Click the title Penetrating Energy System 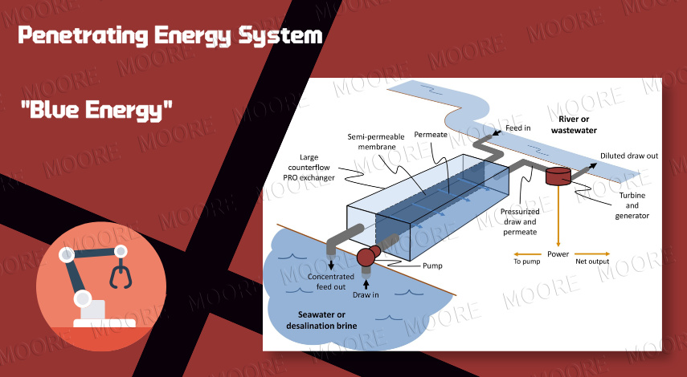170,35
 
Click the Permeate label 431,134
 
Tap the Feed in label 518,128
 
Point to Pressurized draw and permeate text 520,221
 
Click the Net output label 595,261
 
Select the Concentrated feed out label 332,282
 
